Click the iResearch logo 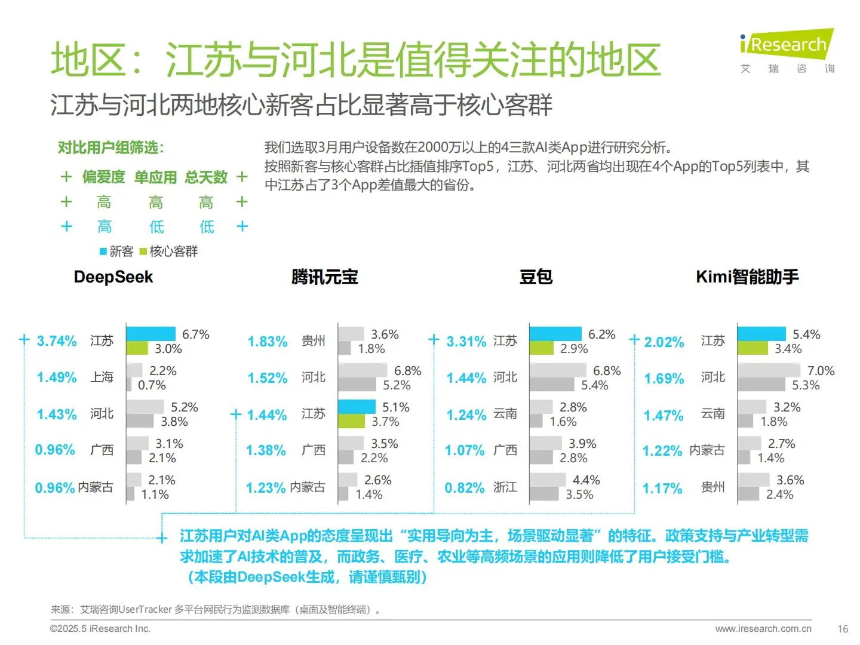point(787,45)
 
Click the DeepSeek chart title point(113,277)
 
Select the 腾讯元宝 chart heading point(324,277)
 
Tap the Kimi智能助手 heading point(747,277)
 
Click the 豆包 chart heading point(536,277)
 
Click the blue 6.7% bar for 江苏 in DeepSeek point(151,334)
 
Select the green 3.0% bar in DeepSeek point(137,348)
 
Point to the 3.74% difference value point(57,341)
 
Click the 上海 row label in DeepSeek point(102,377)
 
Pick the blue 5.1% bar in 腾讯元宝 point(357,407)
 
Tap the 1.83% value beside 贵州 point(268,342)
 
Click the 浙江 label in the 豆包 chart point(505,487)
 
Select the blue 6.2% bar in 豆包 point(555,334)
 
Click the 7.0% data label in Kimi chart point(821,371)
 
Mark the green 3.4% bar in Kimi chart point(752,348)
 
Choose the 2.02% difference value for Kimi point(664,342)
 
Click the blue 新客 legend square point(103,251)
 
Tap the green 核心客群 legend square point(143,251)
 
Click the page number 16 point(843,629)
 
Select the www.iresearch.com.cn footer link point(763,629)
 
